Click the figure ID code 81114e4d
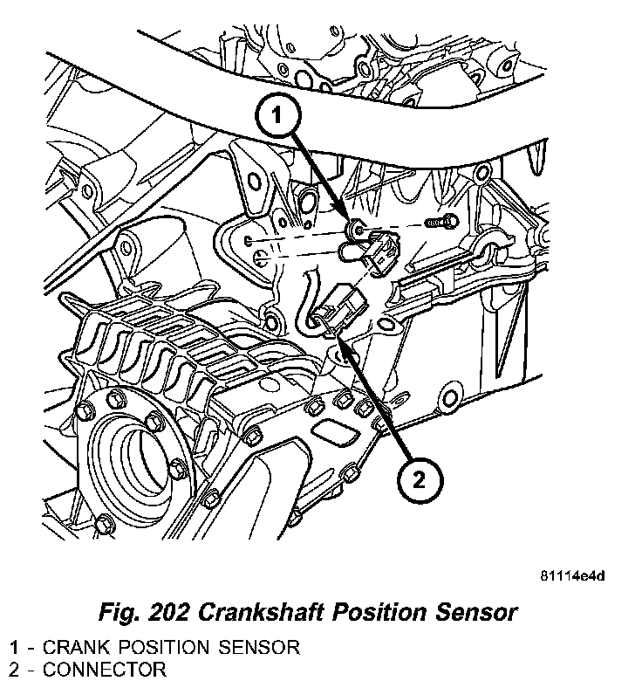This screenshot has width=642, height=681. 572,576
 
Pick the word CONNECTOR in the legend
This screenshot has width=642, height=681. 104,671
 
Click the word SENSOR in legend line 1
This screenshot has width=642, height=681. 263,648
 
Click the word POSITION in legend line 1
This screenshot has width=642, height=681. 167,648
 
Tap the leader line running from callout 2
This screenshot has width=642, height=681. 375,393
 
